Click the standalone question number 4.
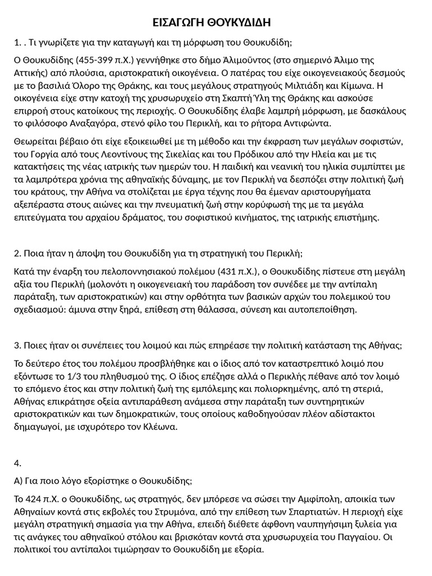[17, 463]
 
